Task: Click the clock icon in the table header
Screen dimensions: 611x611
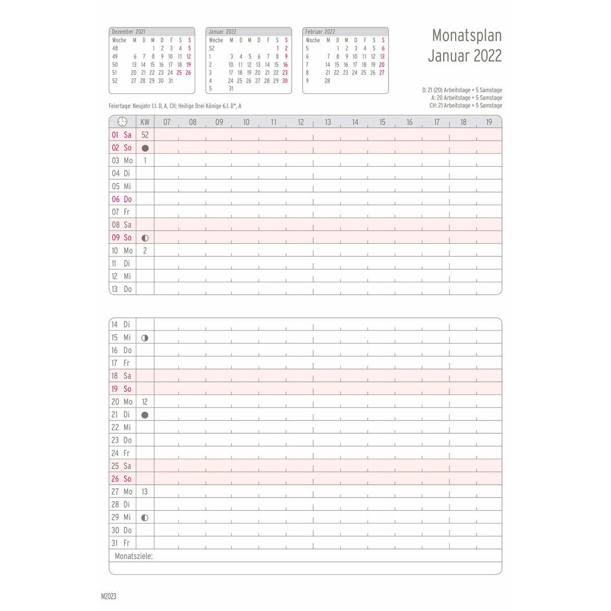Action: (122, 122)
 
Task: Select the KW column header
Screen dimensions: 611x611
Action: (145, 122)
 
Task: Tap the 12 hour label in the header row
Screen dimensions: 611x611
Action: (300, 122)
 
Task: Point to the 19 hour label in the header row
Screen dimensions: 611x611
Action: (489, 122)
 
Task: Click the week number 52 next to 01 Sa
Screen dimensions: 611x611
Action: (145, 135)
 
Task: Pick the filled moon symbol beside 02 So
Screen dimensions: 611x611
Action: (145, 148)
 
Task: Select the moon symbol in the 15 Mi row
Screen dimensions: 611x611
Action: (145, 338)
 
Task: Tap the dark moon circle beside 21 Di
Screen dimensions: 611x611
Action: (145, 415)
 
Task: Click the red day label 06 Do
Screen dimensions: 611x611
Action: (122, 199)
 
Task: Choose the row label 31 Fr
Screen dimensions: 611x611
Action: (121, 543)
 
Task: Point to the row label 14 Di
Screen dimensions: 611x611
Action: (121, 324)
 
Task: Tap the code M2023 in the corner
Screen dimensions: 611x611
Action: (109, 596)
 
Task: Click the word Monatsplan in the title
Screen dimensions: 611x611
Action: (466, 35)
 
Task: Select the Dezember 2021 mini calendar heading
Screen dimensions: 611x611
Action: (128, 32)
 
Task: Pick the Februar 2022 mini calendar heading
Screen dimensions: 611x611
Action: (320, 32)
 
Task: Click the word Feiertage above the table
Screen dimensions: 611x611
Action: (120, 106)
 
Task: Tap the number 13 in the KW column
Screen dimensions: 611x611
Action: (145, 491)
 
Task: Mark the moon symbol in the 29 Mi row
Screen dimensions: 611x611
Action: (145, 517)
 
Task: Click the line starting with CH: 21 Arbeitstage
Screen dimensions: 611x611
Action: (465, 105)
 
